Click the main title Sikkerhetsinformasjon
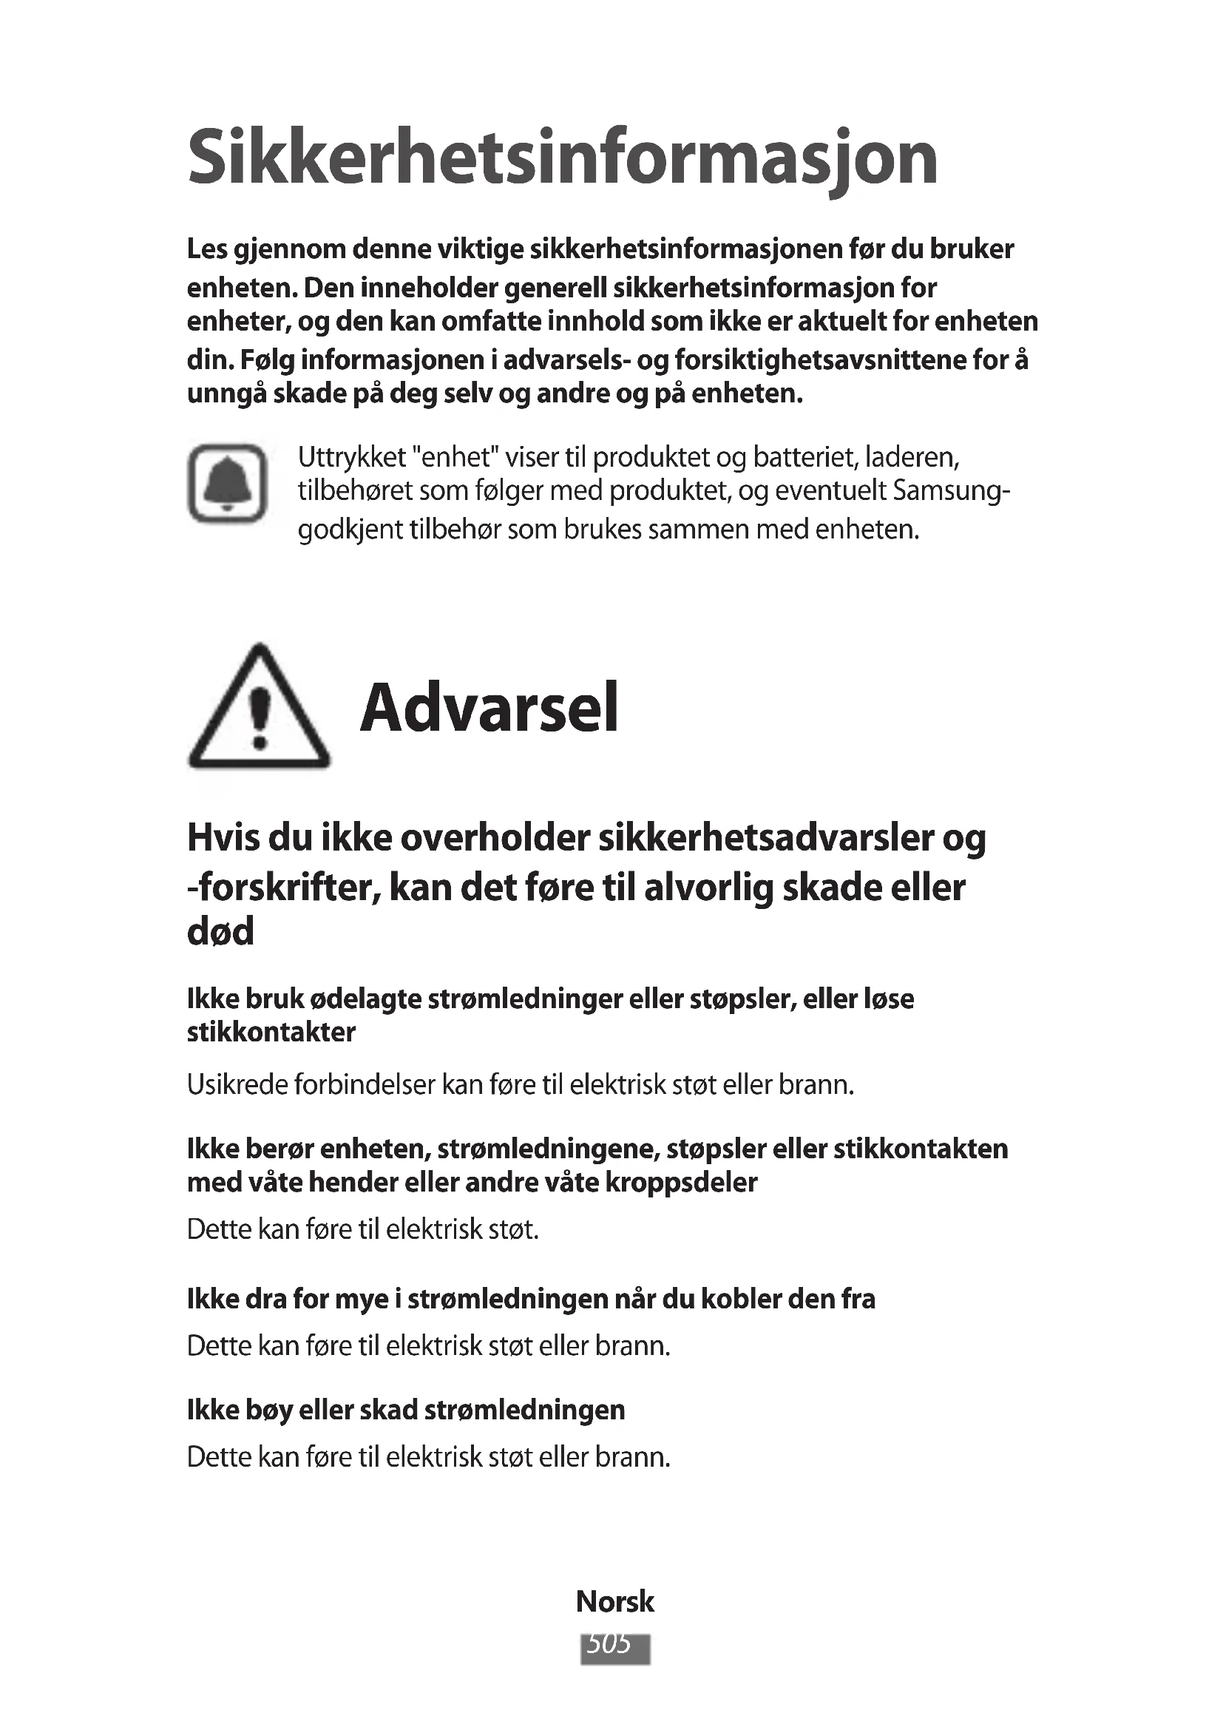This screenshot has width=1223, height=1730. pos(563,159)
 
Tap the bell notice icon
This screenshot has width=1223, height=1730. pos(228,483)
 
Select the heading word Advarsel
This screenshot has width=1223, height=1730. pos(489,709)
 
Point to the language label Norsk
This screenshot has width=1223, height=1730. pos(614,1601)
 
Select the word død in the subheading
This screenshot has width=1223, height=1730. pos(220,931)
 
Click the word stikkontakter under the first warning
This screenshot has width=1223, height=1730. pos(271,1032)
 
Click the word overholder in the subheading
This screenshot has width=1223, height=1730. pos(494,838)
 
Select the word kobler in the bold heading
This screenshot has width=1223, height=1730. pos(741,1299)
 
